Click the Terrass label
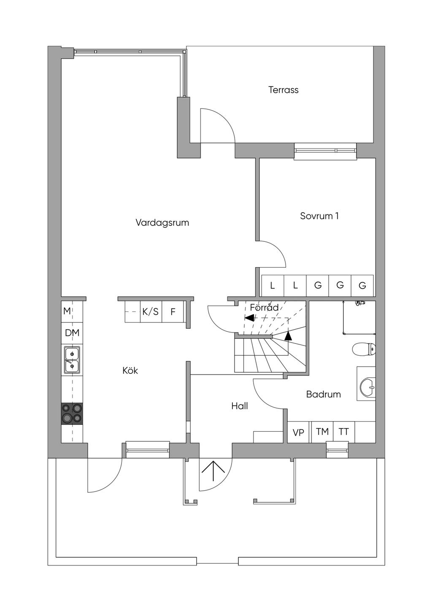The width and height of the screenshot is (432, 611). click(283, 90)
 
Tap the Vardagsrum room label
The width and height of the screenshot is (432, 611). click(162, 222)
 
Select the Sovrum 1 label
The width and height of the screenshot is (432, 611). click(319, 216)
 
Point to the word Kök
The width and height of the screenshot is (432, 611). click(130, 370)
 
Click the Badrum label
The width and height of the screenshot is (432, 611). click(323, 395)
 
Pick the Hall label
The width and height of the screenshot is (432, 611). click(239, 406)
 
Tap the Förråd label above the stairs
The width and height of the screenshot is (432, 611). click(264, 308)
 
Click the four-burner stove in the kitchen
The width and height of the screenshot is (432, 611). click(72, 414)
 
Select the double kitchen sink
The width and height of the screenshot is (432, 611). click(72, 360)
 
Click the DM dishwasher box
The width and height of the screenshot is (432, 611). click(72, 333)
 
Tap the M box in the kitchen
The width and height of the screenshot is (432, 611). click(67, 311)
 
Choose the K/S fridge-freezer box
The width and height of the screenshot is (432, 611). click(151, 312)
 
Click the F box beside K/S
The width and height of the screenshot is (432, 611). click(173, 312)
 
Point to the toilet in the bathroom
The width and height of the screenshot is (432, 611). click(364, 349)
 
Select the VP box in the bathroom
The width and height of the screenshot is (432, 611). click(299, 433)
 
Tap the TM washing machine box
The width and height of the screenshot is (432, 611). click(322, 432)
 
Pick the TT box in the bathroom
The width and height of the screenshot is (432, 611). click(344, 432)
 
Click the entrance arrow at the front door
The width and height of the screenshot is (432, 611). click(214, 471)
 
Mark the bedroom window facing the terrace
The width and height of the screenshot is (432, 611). click(325, 151)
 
